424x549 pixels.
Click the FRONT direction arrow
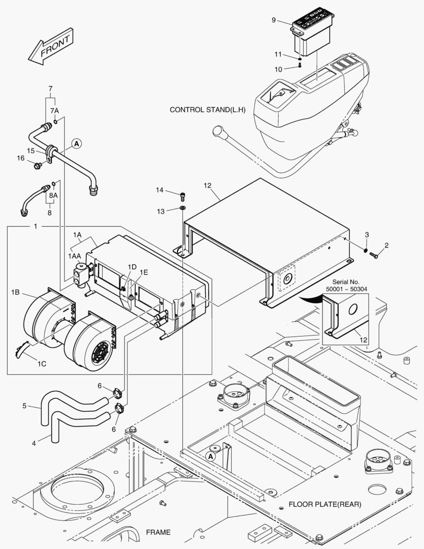coord(50,47)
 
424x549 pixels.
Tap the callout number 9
coord(274,20)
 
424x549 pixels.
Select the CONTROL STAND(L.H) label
coord(208,110)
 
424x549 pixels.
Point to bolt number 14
coord(183,194)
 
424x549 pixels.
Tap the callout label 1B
coord(15,293)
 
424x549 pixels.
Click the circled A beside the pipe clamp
coord(76,144)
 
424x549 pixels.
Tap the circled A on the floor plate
coord(210,456)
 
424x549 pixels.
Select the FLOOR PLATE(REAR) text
coord(324,505)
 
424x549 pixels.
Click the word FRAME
coord(158,532)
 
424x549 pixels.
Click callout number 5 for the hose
coord(24,406)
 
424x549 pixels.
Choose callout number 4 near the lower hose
coord(34,443)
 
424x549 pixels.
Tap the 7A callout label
coord(54,110)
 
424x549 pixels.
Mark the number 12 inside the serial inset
coord(363,339)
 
